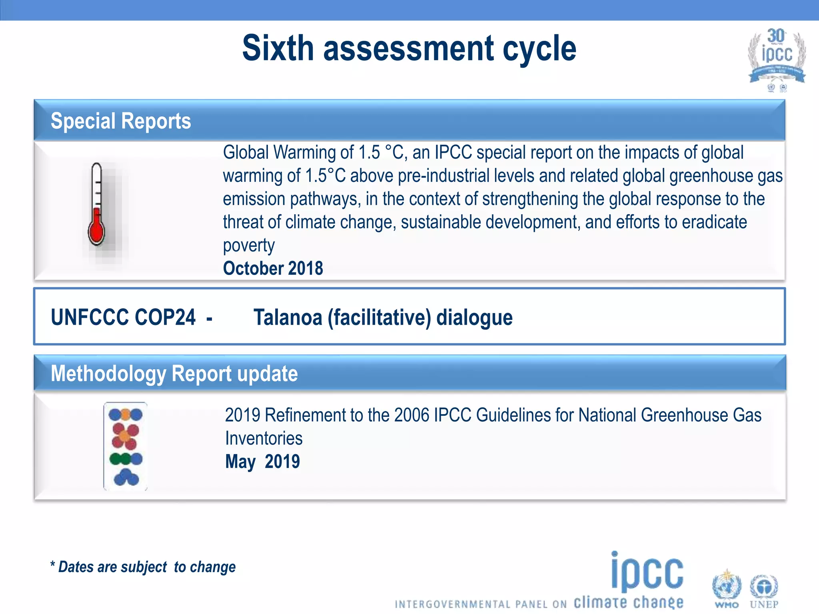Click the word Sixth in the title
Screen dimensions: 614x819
[x=278, y=48]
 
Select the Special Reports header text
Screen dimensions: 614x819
[x=121, y=121]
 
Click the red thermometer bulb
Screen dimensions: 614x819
[x=96, y=232]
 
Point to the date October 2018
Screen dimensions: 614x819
[x=273, y=268]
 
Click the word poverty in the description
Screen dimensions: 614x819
[x=249, y=245]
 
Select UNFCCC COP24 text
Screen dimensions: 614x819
[x=123, y=317]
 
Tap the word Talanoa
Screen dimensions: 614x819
[x=288, y=317]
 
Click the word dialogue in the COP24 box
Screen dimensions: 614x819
[x=474, y=317]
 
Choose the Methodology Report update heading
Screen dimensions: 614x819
[x=174, y=374]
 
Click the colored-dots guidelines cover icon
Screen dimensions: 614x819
[x=126, y=447]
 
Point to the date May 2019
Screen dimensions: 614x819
[x=262, y=462]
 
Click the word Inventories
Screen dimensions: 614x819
[x=264, y=439]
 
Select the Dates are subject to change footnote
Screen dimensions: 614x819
[x=143, y=567]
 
